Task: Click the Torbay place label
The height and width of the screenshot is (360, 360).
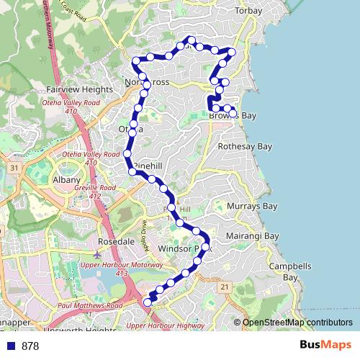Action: [x=251, y=12]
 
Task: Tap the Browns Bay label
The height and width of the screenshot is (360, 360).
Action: [x=233, y=115]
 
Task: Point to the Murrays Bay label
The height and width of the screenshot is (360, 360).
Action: [x=256, y=207]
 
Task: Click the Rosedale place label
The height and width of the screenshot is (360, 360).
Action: [x=117, y=241]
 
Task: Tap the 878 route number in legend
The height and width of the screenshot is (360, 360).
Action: [x=30, y=346]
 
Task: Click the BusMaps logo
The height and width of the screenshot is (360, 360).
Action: [x=326, y=346]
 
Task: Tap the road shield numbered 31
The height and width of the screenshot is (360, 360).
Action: [x=14, y=168]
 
